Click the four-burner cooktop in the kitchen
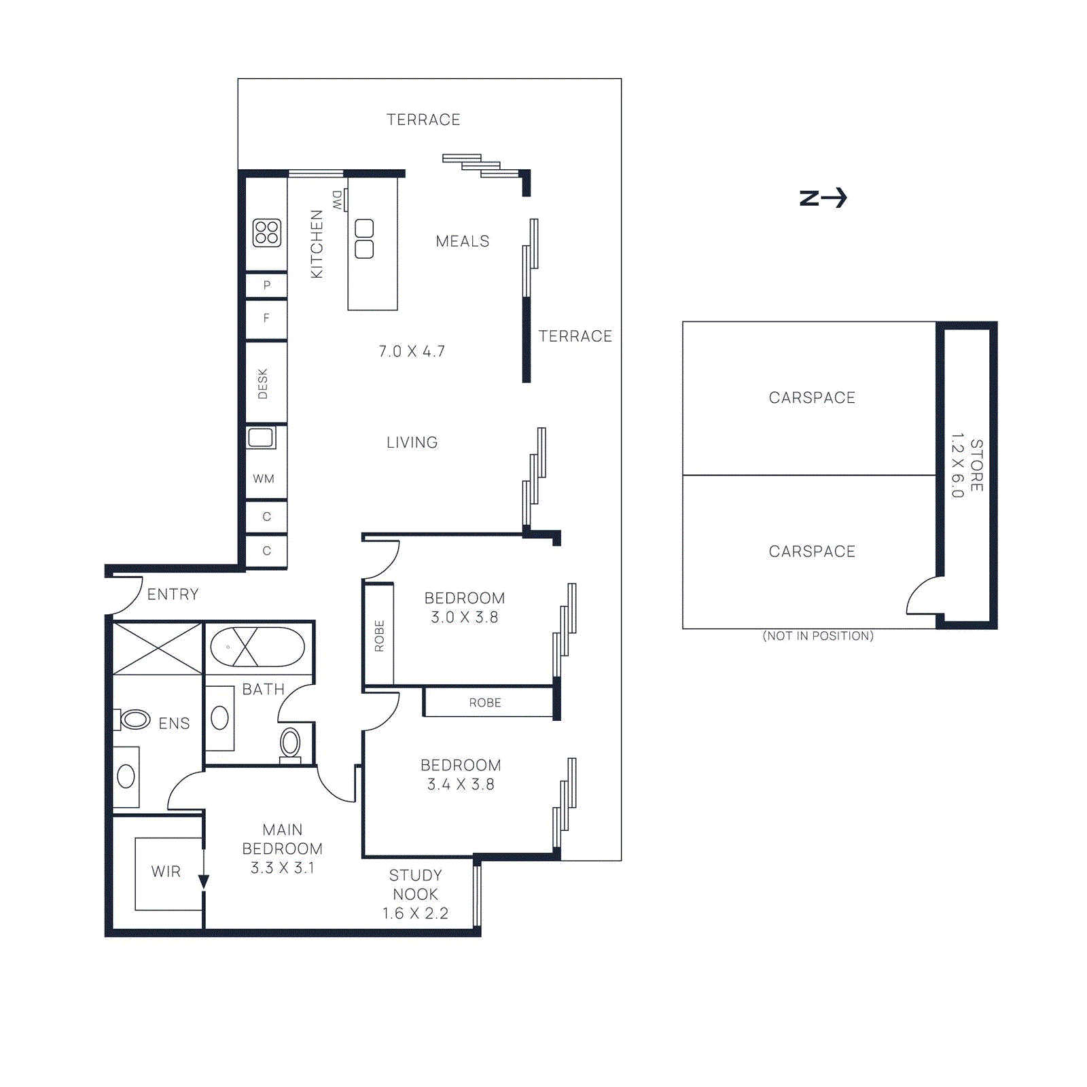(x=266, y=232)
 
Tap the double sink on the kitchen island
(x=364, y=238)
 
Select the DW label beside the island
(x=338, y=200)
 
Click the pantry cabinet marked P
(x=266, y=285)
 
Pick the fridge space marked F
(x=266, y=318)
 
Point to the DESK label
(x=263, y=384)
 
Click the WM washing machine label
(x=264, y=479)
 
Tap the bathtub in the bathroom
(x=257, y=647)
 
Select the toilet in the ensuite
(x=133, y=719)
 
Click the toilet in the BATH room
(x=290, y=744)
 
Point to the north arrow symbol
(x=823, y=198)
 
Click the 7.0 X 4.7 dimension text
(x=412, y=351)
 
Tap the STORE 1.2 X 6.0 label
(x=967, y=465)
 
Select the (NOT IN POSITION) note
(x=818, y=636)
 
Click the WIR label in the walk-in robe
(x=166, y=872)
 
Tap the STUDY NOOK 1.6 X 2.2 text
(x=415, y=894)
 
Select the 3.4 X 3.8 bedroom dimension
(x=461, y=784)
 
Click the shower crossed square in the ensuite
(x=157, y=649)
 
